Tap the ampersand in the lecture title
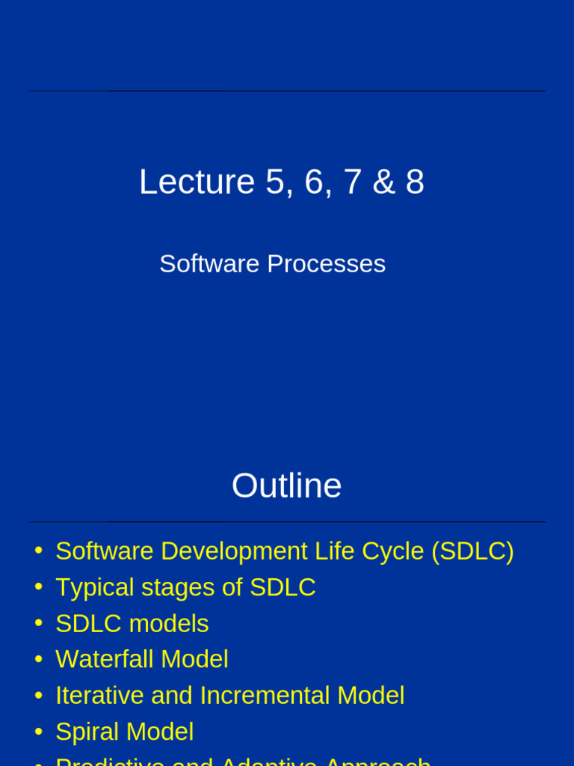tap(383, 183)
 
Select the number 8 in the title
tap(415, 183)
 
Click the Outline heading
tap(286, 486)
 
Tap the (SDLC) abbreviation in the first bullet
tap(472, 551)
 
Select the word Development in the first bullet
tap(233, 551)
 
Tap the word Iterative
tap(99, 696)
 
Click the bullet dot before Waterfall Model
tap(38, 659)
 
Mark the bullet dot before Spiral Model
tap(38, 732)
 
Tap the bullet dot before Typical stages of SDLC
tap(38, 587)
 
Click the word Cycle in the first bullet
tap(393, 551)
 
